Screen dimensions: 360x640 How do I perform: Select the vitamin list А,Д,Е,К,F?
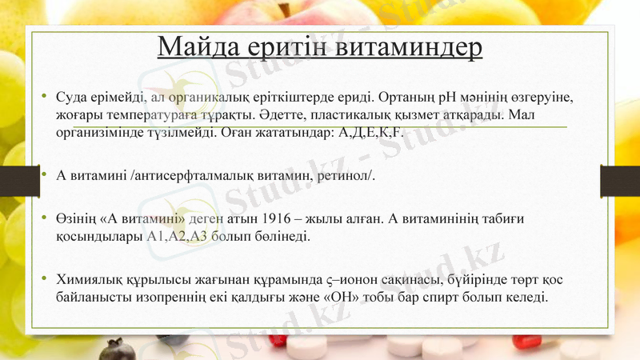click(x=374, y=131)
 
